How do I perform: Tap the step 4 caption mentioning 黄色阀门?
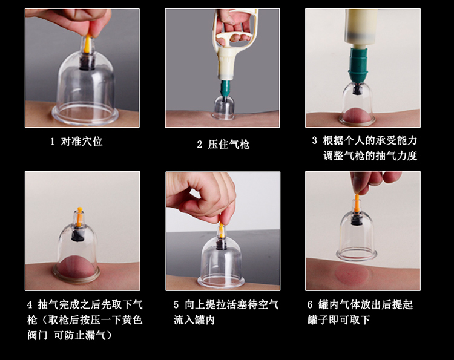[x=84, y=319]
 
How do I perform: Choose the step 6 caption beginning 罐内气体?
[x=360, y=312]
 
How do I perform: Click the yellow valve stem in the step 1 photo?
[x=86, y=44]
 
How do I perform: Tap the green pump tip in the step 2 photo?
[x=225, y=90]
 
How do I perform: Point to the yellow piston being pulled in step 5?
[x=220, y=230]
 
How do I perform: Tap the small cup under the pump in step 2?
[x=223, y=108]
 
